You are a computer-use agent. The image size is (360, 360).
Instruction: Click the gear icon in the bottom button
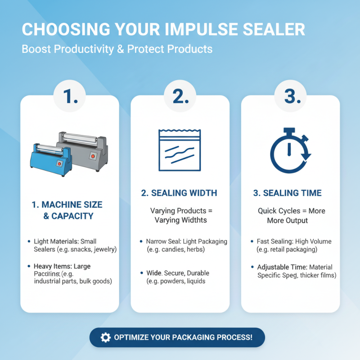[105, 337]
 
